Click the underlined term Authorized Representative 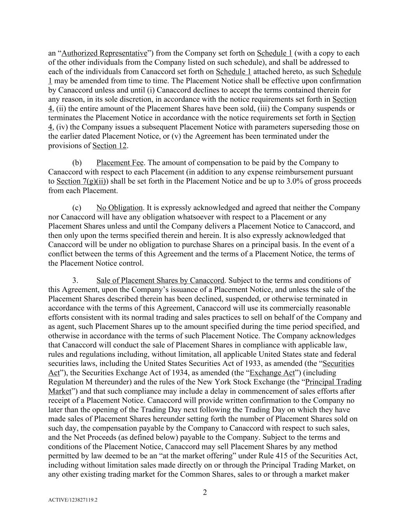pyautogui.click(x=104, y=53)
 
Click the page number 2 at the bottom pyautogui.click(x=205, y=493)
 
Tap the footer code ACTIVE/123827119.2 pyautogui.click(x=73, y=500)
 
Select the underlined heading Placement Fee pyautogui.click(x=120, y=163)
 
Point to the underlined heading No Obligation pyautogui.click(x=119, y=208)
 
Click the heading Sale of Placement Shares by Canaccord pyautogui.click(x=160, y=280)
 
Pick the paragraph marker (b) pyautogui.click(x=77, y=163)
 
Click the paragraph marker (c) pyautogui.click(x=77, y=208)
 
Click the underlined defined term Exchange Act pyautogui.click(x=272, y=373)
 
